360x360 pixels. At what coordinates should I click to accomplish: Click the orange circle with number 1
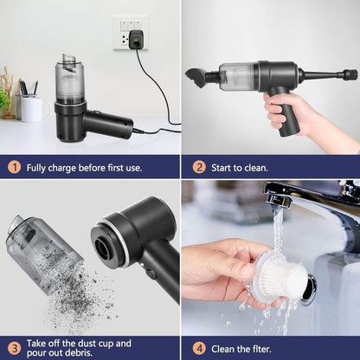[x=15, y=167]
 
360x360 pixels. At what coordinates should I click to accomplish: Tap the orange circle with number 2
[x=199, y=167]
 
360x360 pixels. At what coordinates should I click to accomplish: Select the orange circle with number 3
[x=14, y=348]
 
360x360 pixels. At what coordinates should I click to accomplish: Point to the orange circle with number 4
[x=199, y=348]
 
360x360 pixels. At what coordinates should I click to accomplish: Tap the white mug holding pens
[x=32, y=107]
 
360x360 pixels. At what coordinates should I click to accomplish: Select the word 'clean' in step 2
[x=256, y=167]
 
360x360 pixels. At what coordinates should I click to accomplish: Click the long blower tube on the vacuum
[x=328, y=74]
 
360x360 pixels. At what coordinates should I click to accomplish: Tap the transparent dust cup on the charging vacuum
[x=68, y=83]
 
